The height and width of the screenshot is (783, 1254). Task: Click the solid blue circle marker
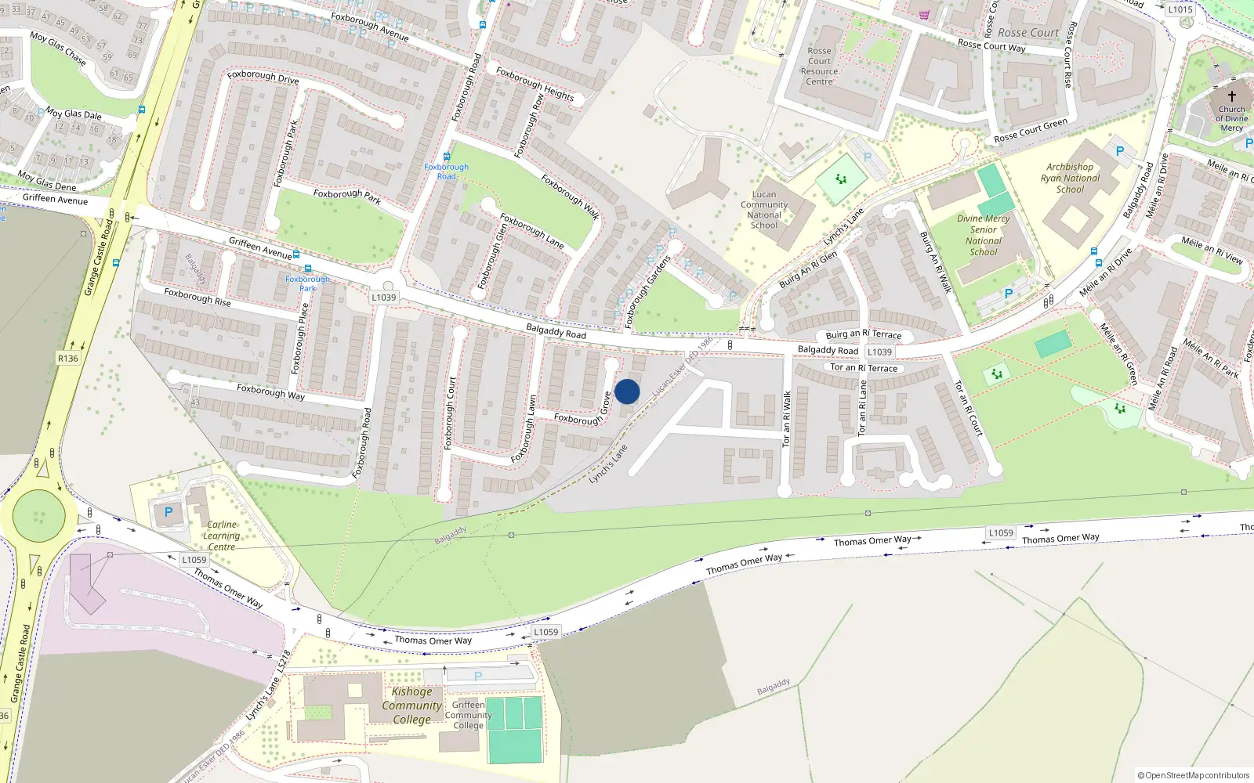point(627,391)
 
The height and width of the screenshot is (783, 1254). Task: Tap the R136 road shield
point(68,359)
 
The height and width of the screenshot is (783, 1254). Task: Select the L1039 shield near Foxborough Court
point(383,298)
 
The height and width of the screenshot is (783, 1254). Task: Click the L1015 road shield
point(1180,9)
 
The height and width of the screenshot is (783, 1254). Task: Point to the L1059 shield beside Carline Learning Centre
point(194,560)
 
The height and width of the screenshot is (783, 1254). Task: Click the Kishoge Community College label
point(411,705)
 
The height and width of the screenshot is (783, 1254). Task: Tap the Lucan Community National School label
point(764,210)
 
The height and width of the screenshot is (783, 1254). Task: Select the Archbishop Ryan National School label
point(1070,178)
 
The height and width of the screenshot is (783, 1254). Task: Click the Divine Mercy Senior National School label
point(984,235)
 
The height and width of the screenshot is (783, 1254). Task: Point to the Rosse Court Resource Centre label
point(819,66)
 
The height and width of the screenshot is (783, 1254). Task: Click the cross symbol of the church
point(1231,96)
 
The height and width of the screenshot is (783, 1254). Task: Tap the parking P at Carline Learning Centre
point(168,513)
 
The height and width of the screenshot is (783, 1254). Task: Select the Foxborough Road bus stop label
point(446,171)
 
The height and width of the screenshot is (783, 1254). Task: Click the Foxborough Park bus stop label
point(307,283)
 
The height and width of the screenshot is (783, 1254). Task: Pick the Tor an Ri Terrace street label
point(864,368)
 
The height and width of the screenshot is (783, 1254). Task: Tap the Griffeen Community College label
point(468,715)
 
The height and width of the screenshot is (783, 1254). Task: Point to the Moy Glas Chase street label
point(57,47)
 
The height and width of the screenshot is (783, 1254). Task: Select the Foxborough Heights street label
point(535,84)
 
